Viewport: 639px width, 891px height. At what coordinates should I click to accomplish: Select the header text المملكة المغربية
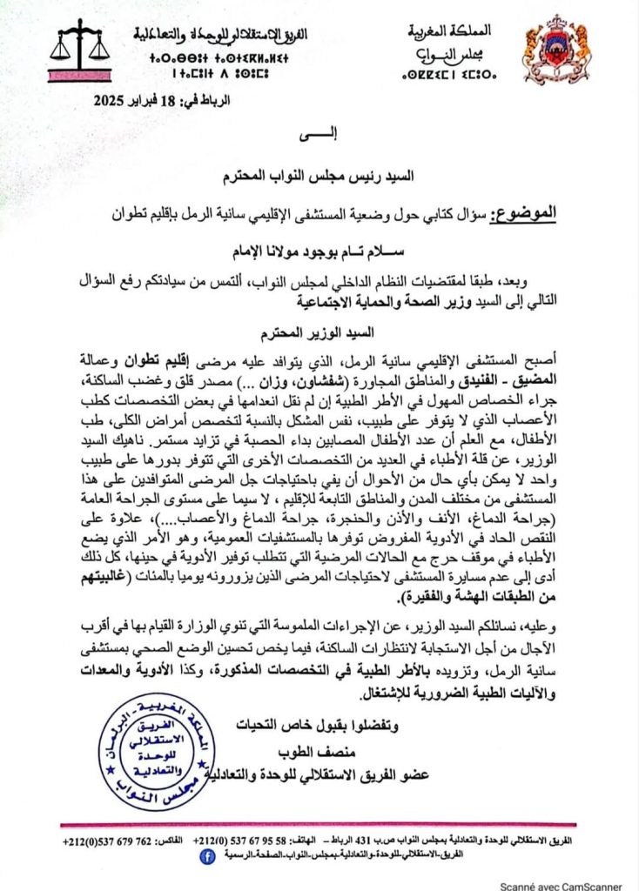(x=450, y=31)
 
